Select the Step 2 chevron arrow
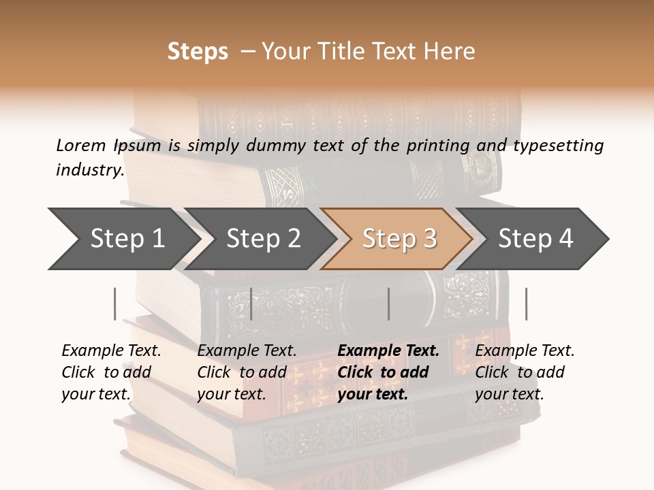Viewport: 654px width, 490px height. tap(263, 239)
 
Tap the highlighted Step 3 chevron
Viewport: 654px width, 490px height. tap(399, 239)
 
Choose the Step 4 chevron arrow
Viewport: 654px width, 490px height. tap(535, 239)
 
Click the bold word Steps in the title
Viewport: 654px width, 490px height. tap(198, 52)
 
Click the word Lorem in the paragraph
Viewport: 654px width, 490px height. tap(81, 146)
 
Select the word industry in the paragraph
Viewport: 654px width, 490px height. tap(89, 170)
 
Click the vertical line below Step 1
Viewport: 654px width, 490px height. tap(115, 304)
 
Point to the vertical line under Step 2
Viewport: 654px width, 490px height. tap(251, 304)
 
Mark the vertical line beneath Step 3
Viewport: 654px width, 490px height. tap(389, 304)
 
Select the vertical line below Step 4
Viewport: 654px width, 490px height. tap(527, 304)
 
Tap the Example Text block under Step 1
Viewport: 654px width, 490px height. tap(111, 372)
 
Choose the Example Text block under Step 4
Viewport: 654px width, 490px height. tap(525, 372)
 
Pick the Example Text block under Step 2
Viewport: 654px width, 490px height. tap(247, 372)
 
